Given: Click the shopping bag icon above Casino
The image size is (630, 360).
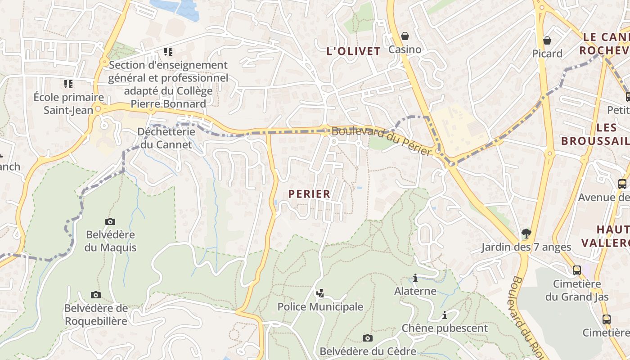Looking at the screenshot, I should (405, 36).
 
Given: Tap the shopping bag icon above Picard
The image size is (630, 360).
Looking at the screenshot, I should (547, 40).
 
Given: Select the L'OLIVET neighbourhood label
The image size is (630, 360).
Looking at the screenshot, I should (353, 51).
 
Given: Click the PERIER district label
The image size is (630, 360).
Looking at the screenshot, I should (309, 194).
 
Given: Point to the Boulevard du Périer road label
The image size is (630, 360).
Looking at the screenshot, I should (382, 141).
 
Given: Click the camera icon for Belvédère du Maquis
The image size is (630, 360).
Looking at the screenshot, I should (110, 221).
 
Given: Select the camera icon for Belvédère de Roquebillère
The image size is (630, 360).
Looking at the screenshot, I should (96, 295).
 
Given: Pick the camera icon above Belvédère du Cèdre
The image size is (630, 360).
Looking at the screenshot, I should (368, 338).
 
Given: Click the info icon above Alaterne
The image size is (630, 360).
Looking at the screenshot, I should (415, 278).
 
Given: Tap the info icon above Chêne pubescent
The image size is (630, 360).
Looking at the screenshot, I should (445, 315).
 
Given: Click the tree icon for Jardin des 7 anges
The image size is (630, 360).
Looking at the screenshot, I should (526, 233).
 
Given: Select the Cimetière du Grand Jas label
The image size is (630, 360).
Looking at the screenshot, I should (577, 290).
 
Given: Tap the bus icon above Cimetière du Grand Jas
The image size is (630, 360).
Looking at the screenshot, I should (577, 270).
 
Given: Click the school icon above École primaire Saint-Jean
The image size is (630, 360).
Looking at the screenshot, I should (68, 84).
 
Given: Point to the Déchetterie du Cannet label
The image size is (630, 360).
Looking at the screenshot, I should (166, 138).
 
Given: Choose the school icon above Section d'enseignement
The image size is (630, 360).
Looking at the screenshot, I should (168, 52).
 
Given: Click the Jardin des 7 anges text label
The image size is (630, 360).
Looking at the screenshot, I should (526, 247).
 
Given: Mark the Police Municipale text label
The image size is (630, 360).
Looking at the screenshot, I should (320, 307).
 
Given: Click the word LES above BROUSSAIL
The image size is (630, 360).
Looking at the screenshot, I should (606, 128).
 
